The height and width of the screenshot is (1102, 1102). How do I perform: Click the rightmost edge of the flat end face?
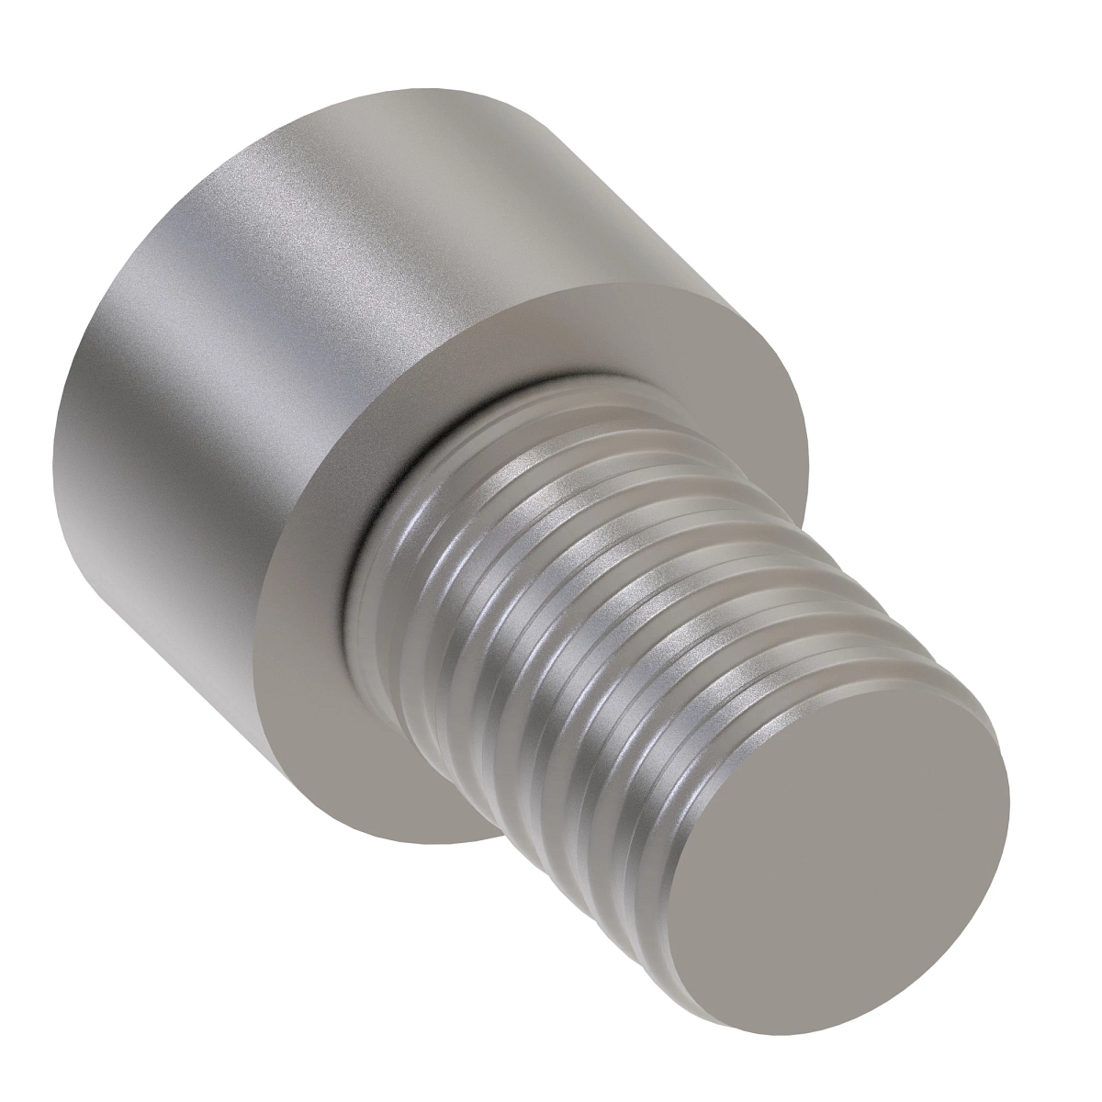coord(1009,808)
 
